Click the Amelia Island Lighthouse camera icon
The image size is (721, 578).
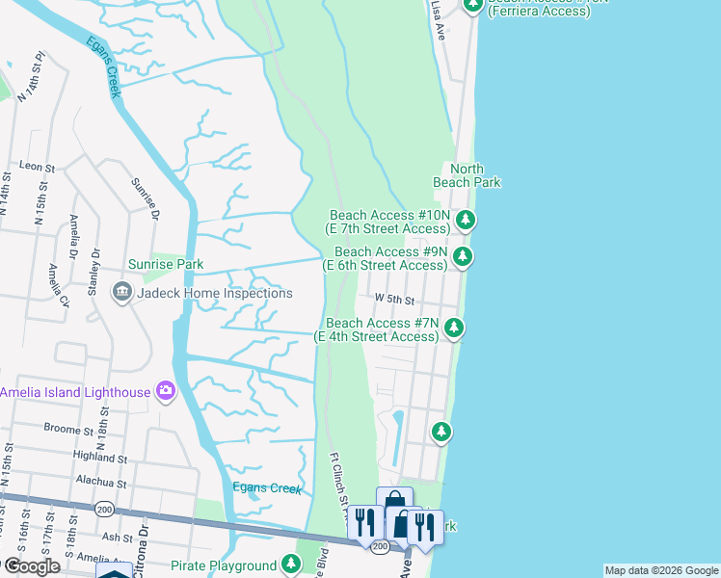[166, 391]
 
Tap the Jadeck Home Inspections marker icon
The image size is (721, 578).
[121, 292]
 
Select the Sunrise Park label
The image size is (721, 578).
[166, 264]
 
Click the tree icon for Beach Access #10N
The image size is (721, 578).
[466, 221]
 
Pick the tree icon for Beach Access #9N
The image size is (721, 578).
[463, 256]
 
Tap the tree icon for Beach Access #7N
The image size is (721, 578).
[453, 328]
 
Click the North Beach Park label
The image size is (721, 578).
[466, 175]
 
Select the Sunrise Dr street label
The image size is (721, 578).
[143, 198]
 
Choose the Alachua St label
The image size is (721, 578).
[101, 483]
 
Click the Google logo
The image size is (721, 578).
[31, 566]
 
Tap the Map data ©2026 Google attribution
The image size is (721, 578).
[660, 570]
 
